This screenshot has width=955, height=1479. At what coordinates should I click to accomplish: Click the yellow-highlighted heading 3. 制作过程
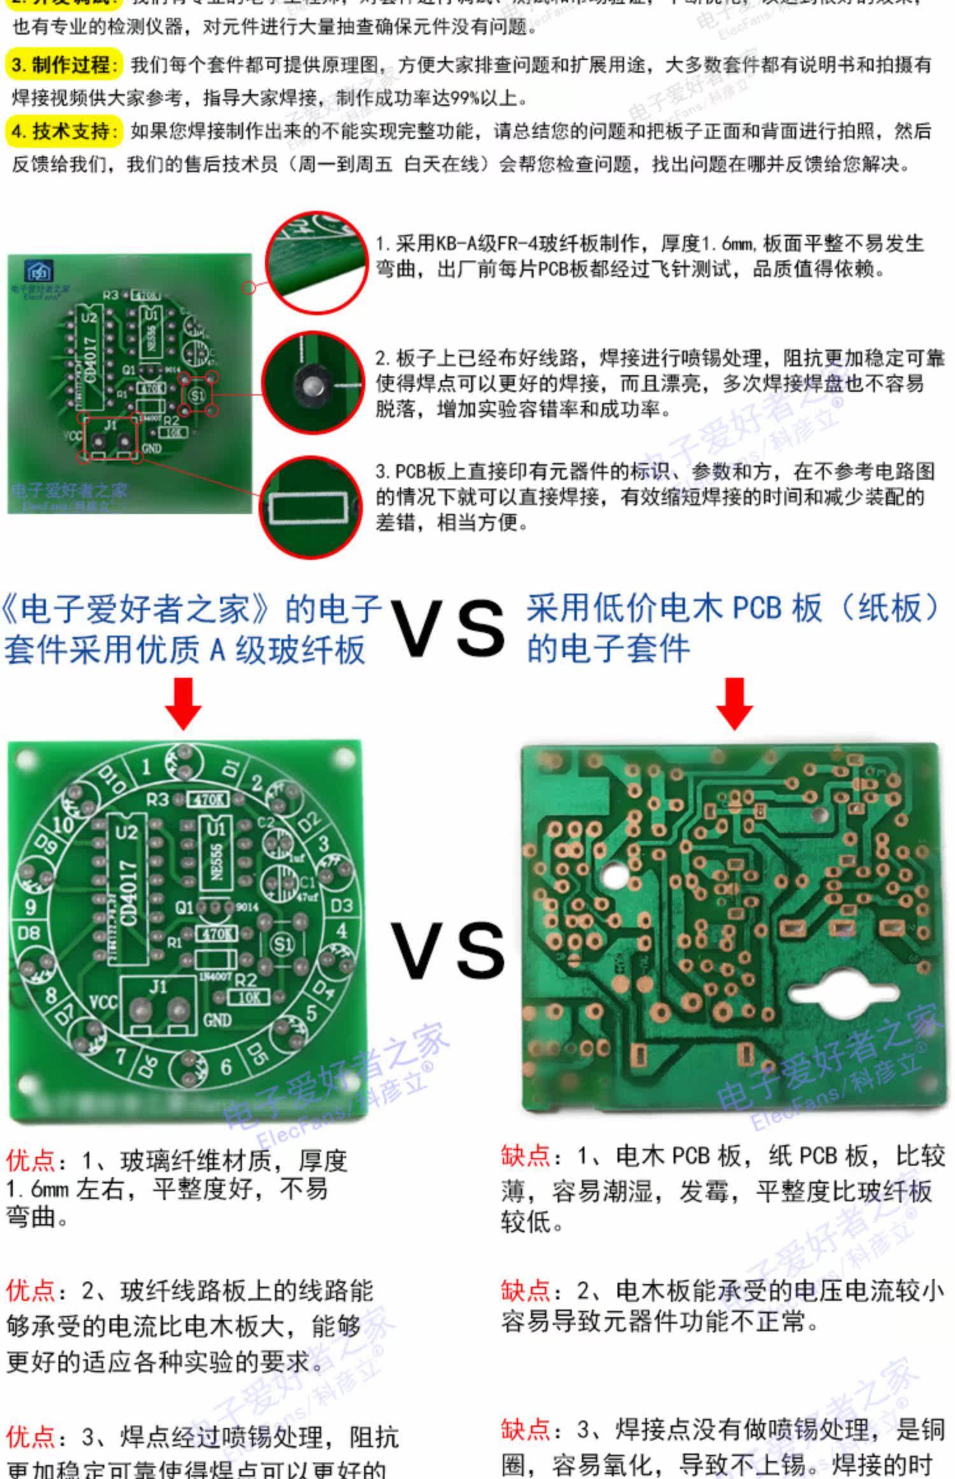[64, 65]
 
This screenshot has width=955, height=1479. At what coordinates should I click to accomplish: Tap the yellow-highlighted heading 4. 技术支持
[64, 131]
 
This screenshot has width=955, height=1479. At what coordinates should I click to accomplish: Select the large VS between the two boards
[448, 951]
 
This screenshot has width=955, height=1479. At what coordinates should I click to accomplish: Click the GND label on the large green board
[218, 1020]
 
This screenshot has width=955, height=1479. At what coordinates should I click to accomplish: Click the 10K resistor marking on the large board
[248, 997]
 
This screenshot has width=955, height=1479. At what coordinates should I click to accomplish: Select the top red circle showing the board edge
[316, 262]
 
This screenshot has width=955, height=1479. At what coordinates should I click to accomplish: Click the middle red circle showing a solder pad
[313, 382]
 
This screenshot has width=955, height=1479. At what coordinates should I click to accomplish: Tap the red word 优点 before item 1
[30, 1161]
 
